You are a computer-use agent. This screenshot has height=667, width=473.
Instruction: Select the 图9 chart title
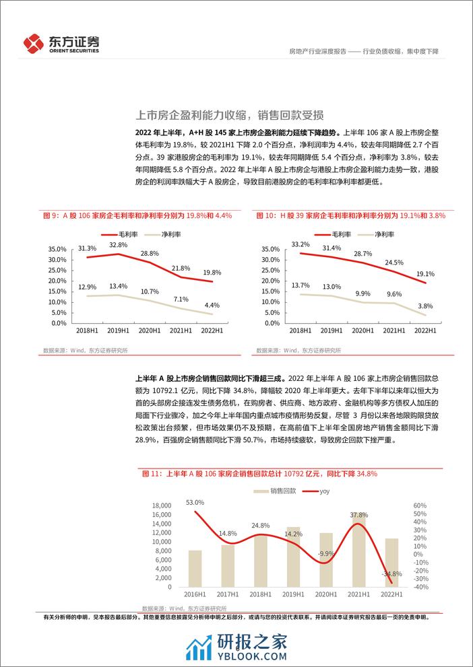[137, 215]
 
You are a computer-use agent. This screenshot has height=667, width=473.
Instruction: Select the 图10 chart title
[351, 215]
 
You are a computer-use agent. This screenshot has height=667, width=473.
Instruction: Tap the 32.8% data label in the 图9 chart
[119, 246]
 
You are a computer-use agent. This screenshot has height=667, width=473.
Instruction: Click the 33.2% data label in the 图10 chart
[300, 244]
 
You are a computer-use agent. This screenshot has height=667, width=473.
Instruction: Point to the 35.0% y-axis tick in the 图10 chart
[269, 249]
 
